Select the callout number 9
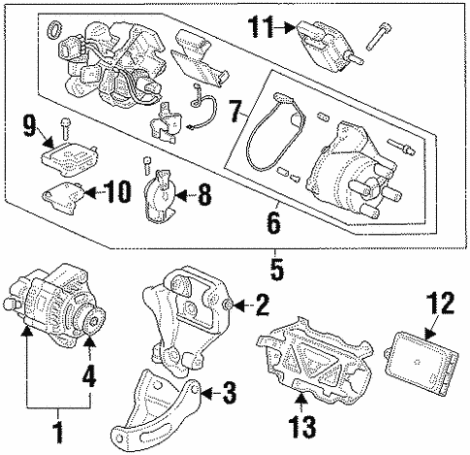point(29,124)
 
